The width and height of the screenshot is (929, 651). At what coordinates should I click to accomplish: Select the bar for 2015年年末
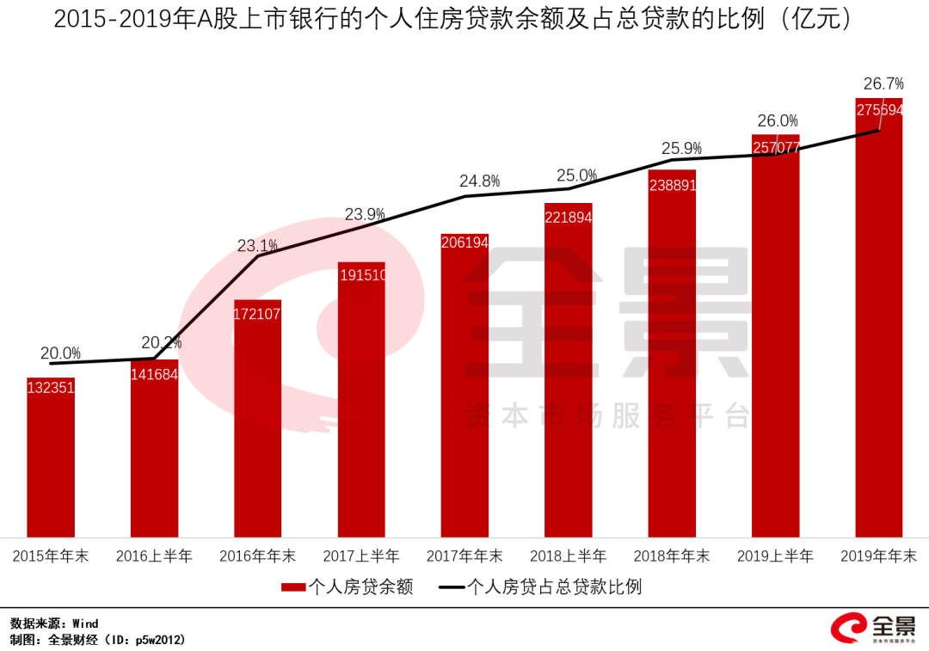(51, 460)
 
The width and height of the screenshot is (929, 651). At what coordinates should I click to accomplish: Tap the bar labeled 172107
(257, 421)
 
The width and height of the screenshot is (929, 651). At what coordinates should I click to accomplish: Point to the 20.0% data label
(60, 353)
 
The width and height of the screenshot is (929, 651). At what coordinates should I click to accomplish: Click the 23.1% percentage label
(257, 246)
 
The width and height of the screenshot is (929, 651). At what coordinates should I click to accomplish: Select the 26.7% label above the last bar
(883, 83)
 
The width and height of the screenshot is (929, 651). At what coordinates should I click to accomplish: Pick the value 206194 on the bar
(464, 243)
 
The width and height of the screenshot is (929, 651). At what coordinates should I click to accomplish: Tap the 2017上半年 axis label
(361, 556)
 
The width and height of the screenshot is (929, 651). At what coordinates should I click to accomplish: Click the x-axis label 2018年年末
(672, 556)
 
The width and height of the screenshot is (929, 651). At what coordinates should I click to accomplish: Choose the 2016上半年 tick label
(154, 556)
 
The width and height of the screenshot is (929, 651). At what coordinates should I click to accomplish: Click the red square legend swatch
(293, 587)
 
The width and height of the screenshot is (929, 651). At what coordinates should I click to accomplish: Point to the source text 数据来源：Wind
(54, 623)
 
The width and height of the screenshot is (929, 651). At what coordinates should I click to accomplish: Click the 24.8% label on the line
(479, 181)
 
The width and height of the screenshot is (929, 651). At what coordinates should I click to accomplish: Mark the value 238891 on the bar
(672, 184)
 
